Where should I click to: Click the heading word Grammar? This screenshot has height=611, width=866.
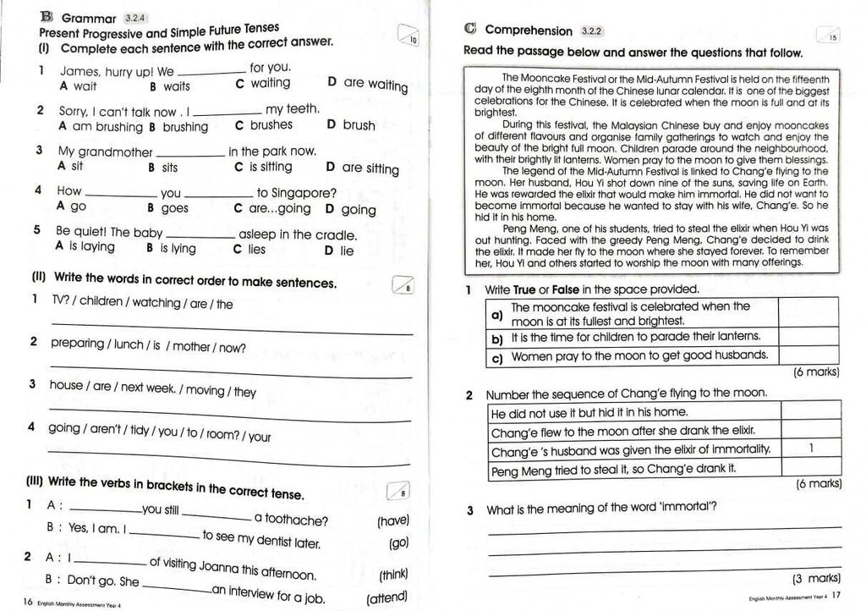click(x=88, y=18)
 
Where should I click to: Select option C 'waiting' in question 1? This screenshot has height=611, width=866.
click(x=263, y=83)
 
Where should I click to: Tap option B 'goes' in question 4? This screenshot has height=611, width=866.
click(x=167, y=208)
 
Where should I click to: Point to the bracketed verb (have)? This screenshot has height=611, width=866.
click(x=392, y=520)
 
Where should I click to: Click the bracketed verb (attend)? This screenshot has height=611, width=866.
click(x=386, y=599)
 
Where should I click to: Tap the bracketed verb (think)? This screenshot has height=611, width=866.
click(x=393, y=575)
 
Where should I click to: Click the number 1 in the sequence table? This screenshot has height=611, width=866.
click(x=811, y=448)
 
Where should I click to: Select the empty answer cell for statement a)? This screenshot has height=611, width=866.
click(x=808, y=313)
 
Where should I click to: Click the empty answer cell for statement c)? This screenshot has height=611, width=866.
click(x=808, y=356)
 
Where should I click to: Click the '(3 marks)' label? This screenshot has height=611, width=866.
click(x=815, y=579)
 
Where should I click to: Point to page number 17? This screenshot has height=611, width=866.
click(x=836, y=597)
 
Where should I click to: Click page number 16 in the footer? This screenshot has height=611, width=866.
click(x=28, y=602)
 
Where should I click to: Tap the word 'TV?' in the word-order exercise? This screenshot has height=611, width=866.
click(x=63, y=303)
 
